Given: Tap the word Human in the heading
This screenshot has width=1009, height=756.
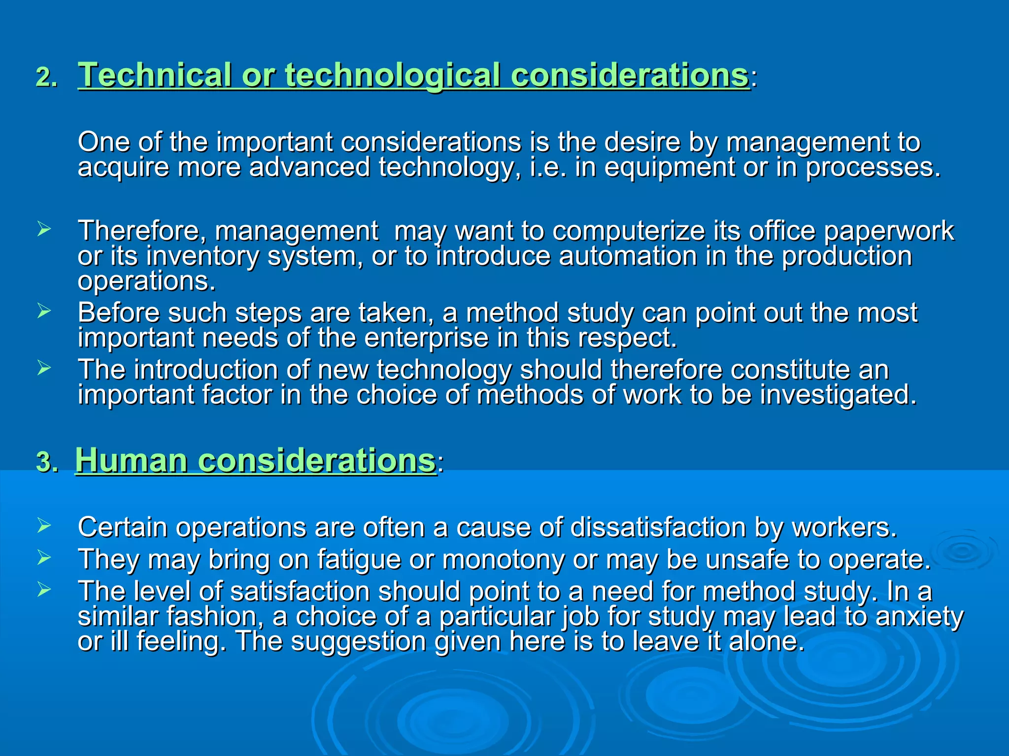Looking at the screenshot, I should point(132,461).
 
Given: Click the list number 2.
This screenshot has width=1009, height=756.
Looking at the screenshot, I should point(46,78).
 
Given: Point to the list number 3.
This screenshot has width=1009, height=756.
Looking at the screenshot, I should point(46,463).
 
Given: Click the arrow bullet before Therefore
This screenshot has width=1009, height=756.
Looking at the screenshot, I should point(44,229).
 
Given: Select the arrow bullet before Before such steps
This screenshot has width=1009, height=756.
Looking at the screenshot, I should point(44,311).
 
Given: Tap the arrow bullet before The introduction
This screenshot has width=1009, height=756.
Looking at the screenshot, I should point(44,368).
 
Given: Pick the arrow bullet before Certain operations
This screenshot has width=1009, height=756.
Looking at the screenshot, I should point(44,526).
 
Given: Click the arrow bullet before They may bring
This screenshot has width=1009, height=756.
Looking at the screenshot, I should point(44,558).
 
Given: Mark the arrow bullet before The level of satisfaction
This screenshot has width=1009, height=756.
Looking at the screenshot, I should point(44,590).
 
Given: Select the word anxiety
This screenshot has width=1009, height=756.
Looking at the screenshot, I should point(919,617).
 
